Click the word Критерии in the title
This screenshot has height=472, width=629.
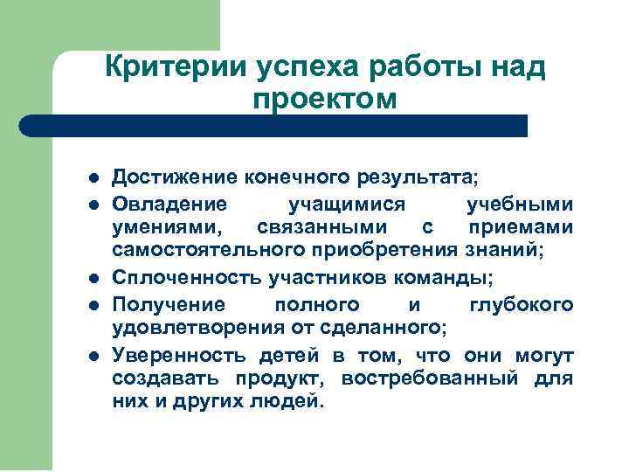pos(175,67)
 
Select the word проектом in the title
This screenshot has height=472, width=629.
pos(324,99)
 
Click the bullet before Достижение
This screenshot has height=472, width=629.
pos(93,178)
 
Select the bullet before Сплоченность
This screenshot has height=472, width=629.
pos(93,278)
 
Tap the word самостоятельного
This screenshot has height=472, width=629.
pos(205,253)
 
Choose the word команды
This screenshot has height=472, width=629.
pos(448,278)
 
